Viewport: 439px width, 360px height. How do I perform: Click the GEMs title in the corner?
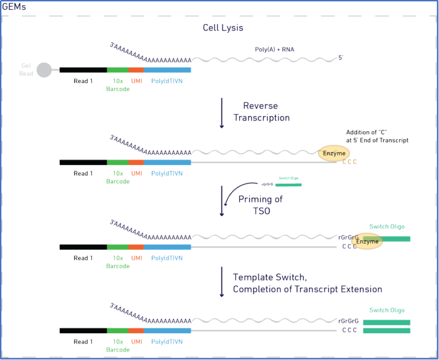(14, 7)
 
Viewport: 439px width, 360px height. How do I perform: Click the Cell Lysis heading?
(223, 28)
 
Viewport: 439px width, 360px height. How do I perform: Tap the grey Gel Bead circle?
(44, 70)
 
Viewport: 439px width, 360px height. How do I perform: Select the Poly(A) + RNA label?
(274, 50)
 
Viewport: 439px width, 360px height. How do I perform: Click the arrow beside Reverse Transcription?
(222, 113)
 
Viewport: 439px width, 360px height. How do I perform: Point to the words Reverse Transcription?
(262, 112)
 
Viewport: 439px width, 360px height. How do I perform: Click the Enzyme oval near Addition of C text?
(334, 154)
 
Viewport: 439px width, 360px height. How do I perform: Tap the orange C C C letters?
(349, 162)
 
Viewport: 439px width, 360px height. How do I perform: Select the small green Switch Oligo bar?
(288, 185)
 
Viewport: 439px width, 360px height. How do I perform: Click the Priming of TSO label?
(260, 205)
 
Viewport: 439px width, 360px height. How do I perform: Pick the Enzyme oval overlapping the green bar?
(367, 241)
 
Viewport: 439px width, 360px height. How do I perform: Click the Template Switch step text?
(307, 283)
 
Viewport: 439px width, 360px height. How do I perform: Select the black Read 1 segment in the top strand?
(83, 70)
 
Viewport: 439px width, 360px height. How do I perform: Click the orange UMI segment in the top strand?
(136, 70)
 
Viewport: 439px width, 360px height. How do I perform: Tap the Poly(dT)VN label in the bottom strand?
(167, 342)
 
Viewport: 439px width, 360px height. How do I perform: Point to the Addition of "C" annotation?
(377, 136)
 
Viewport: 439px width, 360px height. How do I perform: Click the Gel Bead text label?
(26, 70)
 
